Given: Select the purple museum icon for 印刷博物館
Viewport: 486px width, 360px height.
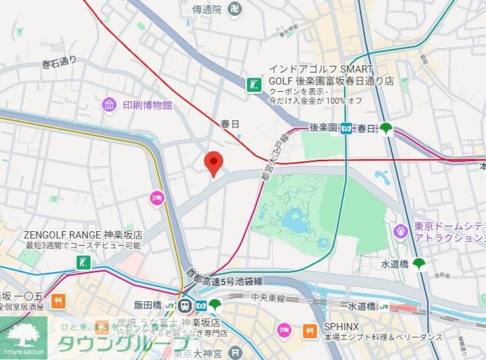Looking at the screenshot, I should tap(108, 104).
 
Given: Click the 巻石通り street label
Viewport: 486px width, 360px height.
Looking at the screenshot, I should tap(59, 62).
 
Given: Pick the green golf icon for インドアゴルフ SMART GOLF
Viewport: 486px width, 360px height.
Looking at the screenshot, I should tap(253, 84).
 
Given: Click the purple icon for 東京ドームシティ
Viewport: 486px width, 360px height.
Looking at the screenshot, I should tap(400, 231).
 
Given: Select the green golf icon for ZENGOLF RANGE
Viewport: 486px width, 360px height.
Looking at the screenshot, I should tap(82, 262).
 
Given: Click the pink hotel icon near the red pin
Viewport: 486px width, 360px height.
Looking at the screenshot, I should tap(156, 197).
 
